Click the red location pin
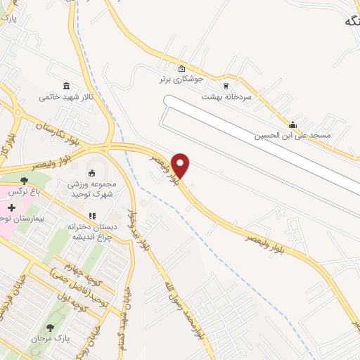click(x=181, y=165)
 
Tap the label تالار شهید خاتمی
click(x=65, y=96)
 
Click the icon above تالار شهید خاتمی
click(x=66, y=85)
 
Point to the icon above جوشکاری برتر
click(x=182, y=68)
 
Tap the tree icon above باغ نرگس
click(x=25, y=181)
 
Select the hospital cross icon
click(x=11, y=208)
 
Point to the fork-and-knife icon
click(x=91, y=216)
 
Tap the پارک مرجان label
click(x=51, y=340)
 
